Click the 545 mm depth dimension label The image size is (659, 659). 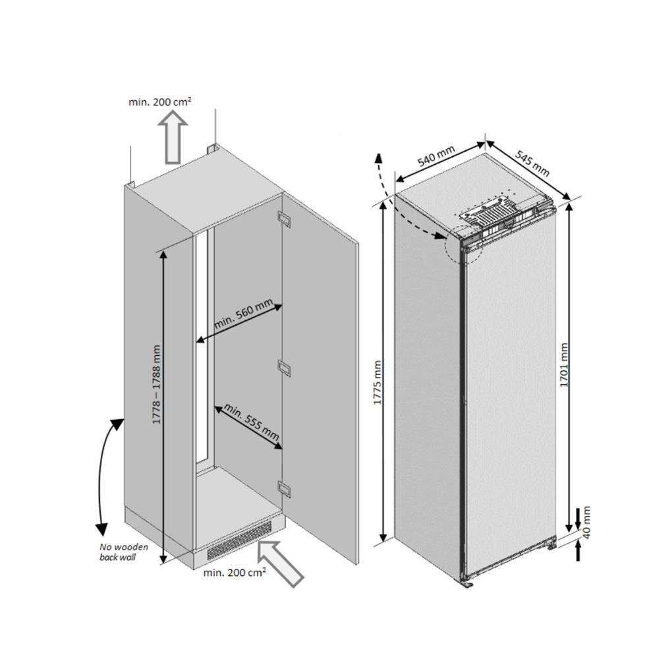[x=532, y=162]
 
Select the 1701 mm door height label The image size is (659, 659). [x=564, y=366]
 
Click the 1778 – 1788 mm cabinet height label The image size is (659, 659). [x=157, y=386]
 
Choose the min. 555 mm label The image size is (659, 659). [x=251, y=422]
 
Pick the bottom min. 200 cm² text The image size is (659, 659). [x=235, y=573]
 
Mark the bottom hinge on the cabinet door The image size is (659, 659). [x=285, y=488]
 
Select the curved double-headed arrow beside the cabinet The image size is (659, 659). [x=107, y=474]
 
